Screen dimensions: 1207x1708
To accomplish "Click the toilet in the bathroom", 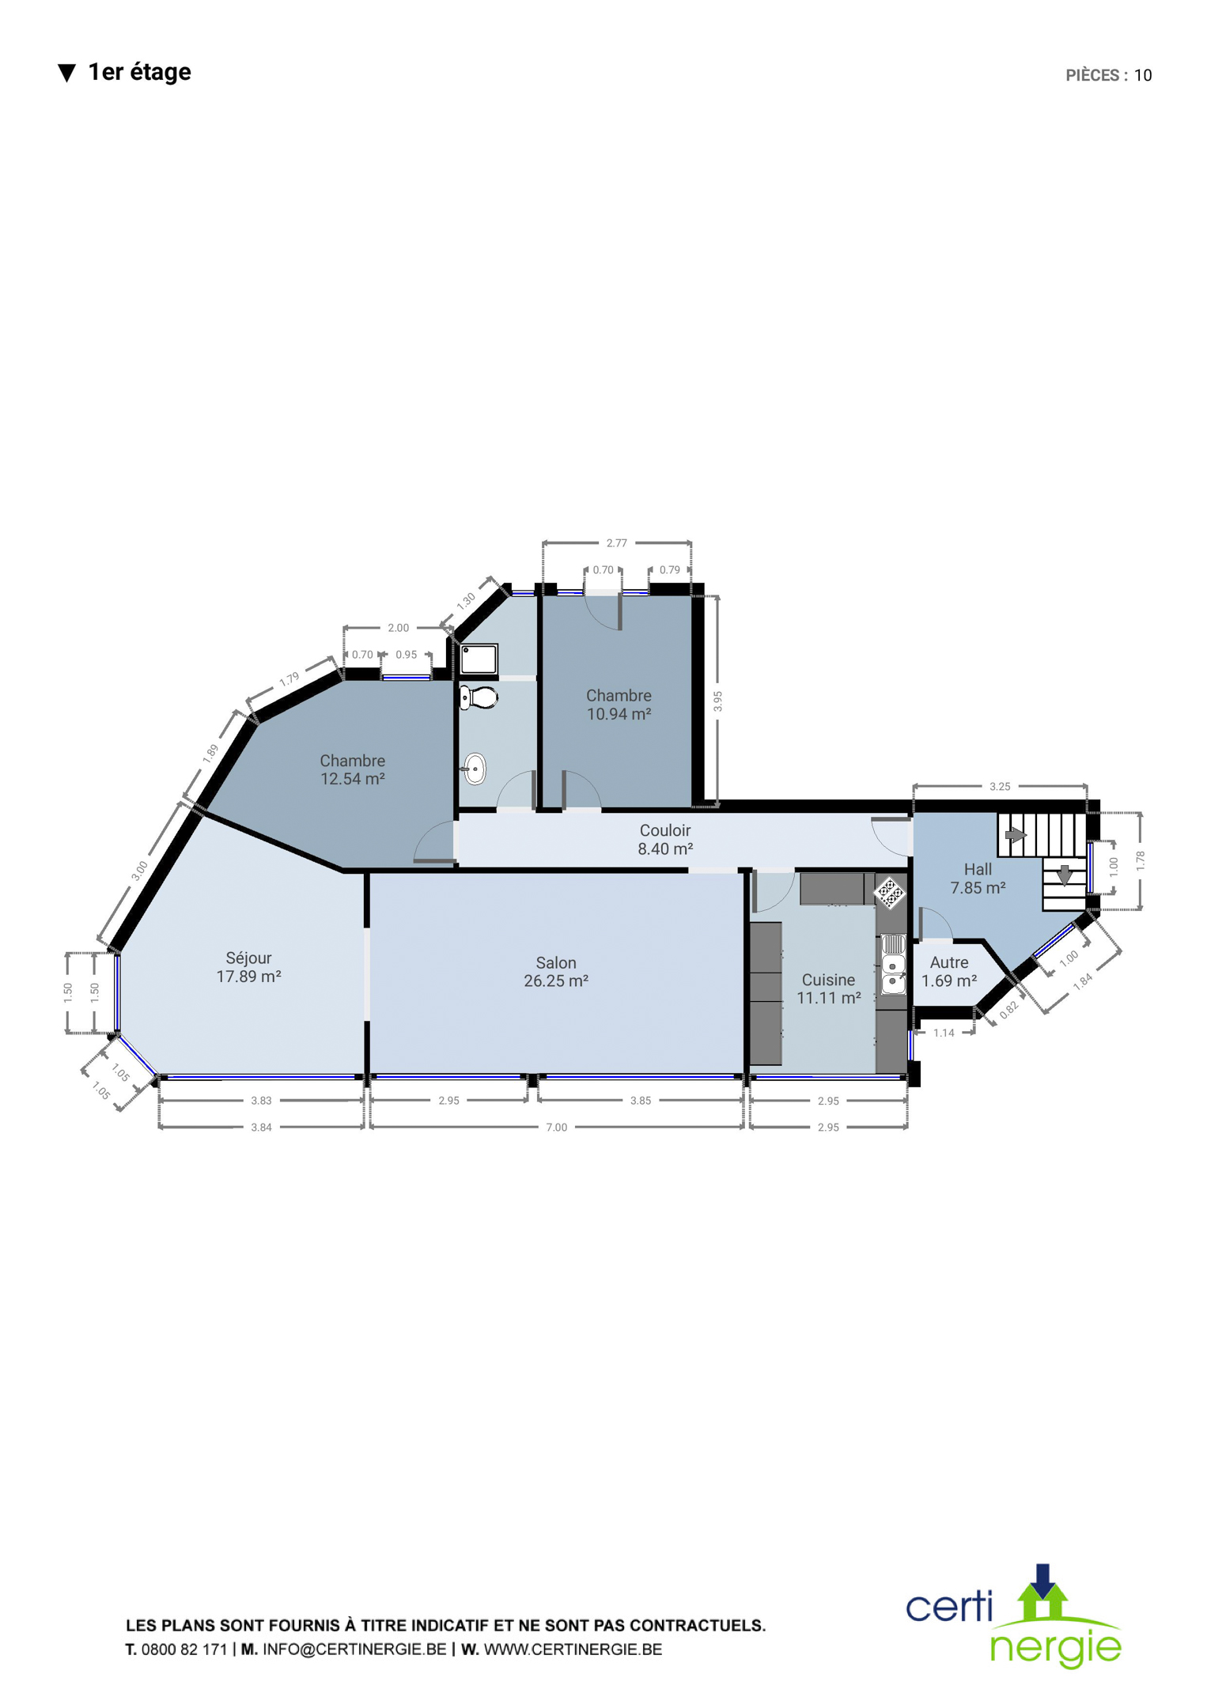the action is (479, 697).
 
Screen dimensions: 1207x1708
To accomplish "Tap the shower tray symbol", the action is (479, 659).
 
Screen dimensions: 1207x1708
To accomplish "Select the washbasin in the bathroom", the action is (474, 769).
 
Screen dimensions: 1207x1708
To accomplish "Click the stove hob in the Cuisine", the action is (890, 893).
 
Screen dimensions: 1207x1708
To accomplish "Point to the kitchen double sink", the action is (893, 964).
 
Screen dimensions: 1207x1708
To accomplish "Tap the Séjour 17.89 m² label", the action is (249, 967).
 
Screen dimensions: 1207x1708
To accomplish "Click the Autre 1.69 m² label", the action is (949, 972).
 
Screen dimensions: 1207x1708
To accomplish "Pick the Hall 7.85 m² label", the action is (978, 879).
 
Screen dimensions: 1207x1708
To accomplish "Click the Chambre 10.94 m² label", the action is (619, 705).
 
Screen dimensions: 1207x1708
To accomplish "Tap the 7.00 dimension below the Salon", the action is (557, 1127).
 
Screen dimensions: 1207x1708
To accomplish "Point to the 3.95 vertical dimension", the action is (717, 701).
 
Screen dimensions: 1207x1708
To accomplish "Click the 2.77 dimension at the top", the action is (616, 542).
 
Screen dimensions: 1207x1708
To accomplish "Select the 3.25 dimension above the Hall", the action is (1000, 786).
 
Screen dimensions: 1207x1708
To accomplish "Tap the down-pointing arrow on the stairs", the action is (1065, 875).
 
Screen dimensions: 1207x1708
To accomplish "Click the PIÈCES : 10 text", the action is (1108, 75).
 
